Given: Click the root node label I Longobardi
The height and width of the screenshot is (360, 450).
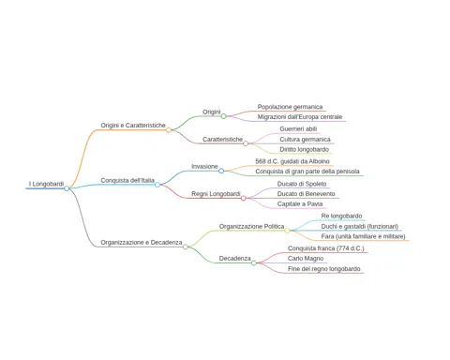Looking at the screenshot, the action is click(46, 184).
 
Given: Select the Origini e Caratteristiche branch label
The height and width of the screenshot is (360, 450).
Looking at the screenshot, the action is click(133, 126).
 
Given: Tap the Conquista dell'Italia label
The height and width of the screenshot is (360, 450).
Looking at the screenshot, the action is click(127, 180).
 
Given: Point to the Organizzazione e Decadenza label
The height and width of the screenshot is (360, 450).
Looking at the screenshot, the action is click(142, 243).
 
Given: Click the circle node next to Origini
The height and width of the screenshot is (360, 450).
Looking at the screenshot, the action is click(224, 116).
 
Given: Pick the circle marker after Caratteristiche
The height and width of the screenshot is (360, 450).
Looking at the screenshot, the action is click(246, 143).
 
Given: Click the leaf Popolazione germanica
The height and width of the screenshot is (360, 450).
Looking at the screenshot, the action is click(290, 107).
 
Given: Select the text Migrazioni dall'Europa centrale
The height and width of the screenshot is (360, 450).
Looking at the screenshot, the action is click(300, 117).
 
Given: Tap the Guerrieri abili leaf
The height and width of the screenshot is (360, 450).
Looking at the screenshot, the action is click(298, 128).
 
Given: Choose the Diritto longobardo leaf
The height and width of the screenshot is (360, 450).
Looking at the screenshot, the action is click(305, 149).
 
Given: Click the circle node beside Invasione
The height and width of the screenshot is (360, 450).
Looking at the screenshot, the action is click(221, 171).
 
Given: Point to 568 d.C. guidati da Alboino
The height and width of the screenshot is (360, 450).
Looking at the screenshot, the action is click(292, 161).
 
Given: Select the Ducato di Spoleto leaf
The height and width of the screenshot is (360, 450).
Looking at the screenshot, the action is click(302, 184).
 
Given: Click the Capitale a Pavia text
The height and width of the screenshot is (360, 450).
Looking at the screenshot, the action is click(300, 204).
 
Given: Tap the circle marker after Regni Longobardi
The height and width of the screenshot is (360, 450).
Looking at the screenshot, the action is click(244, 198).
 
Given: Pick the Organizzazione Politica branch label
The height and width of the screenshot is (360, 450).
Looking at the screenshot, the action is click(251, 226).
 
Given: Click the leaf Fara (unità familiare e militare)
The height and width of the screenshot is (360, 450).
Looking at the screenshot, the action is click(364, 236).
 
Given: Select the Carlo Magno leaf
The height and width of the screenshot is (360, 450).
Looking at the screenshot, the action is click(306, 259).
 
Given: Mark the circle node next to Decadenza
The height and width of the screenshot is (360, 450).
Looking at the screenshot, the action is click(254, 262).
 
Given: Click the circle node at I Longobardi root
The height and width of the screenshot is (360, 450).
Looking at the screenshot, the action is click(67, 188).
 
